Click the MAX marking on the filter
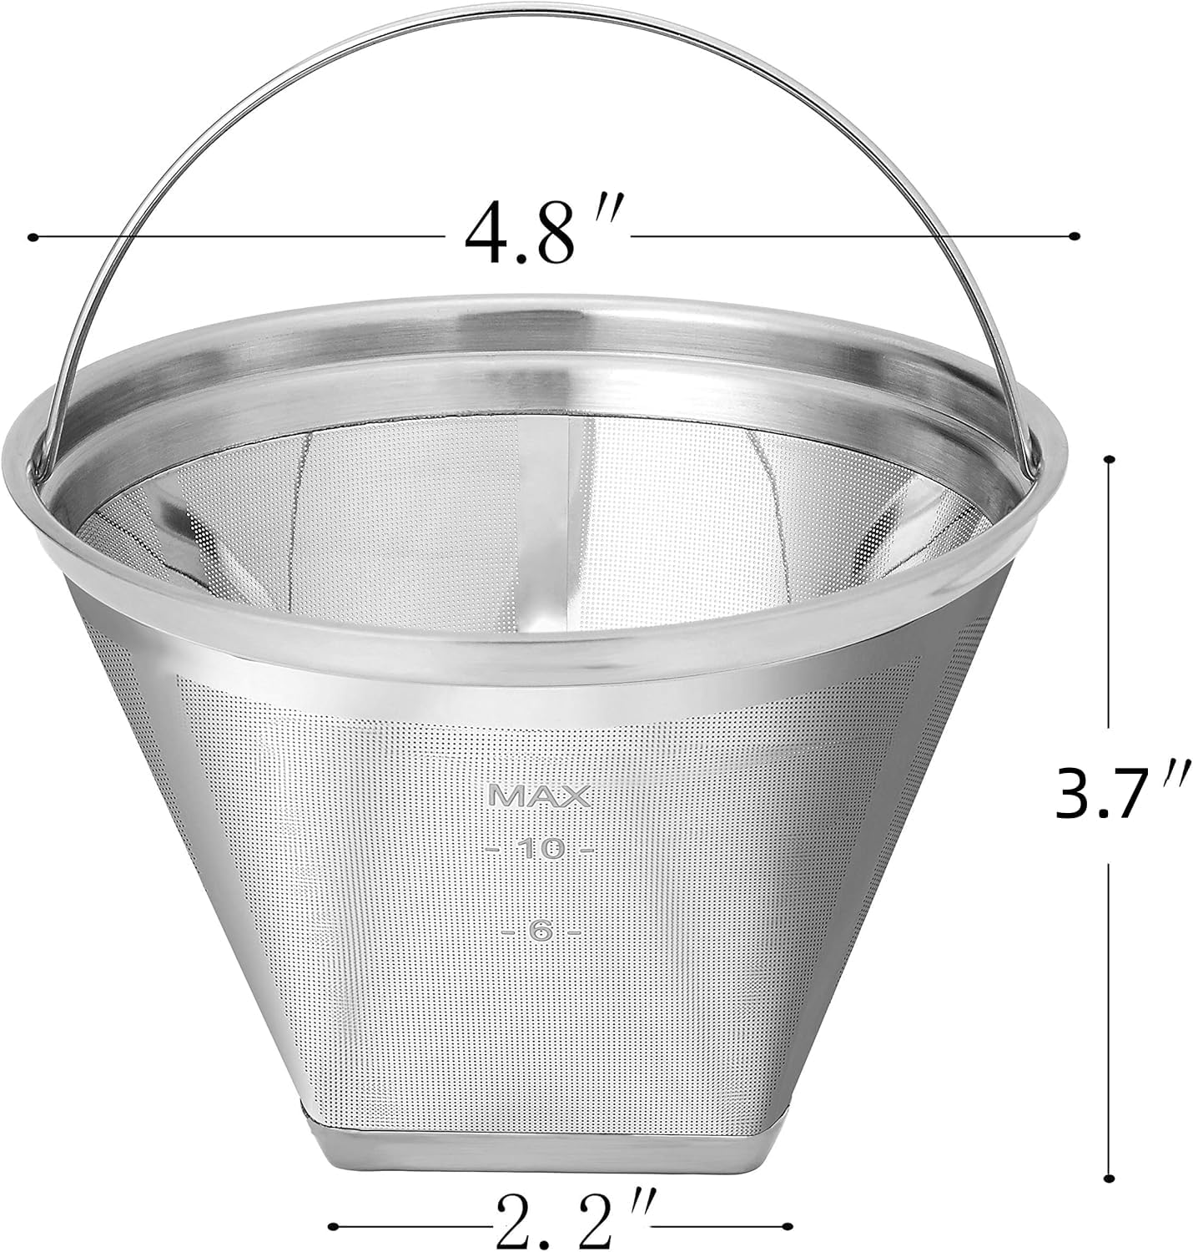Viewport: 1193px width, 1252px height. point(540,796)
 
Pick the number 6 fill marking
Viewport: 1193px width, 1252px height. point(541,931)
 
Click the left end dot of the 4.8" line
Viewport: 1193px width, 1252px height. point(32,238)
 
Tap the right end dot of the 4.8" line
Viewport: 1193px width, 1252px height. point(1075,235)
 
